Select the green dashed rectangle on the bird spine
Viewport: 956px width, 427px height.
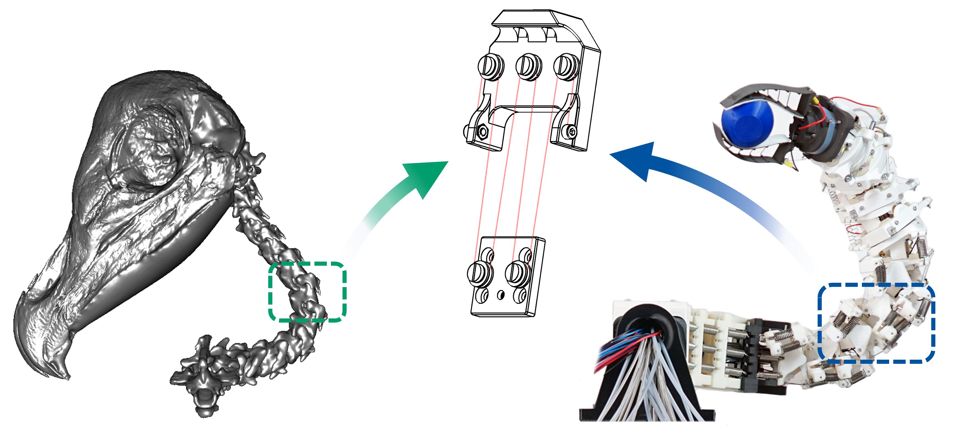pos(307,291)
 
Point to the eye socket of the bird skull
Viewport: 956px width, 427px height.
pos(149,148)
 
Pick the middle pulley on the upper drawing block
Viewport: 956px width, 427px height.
pos(528,67)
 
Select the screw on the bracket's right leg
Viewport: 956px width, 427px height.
pos(572,131)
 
